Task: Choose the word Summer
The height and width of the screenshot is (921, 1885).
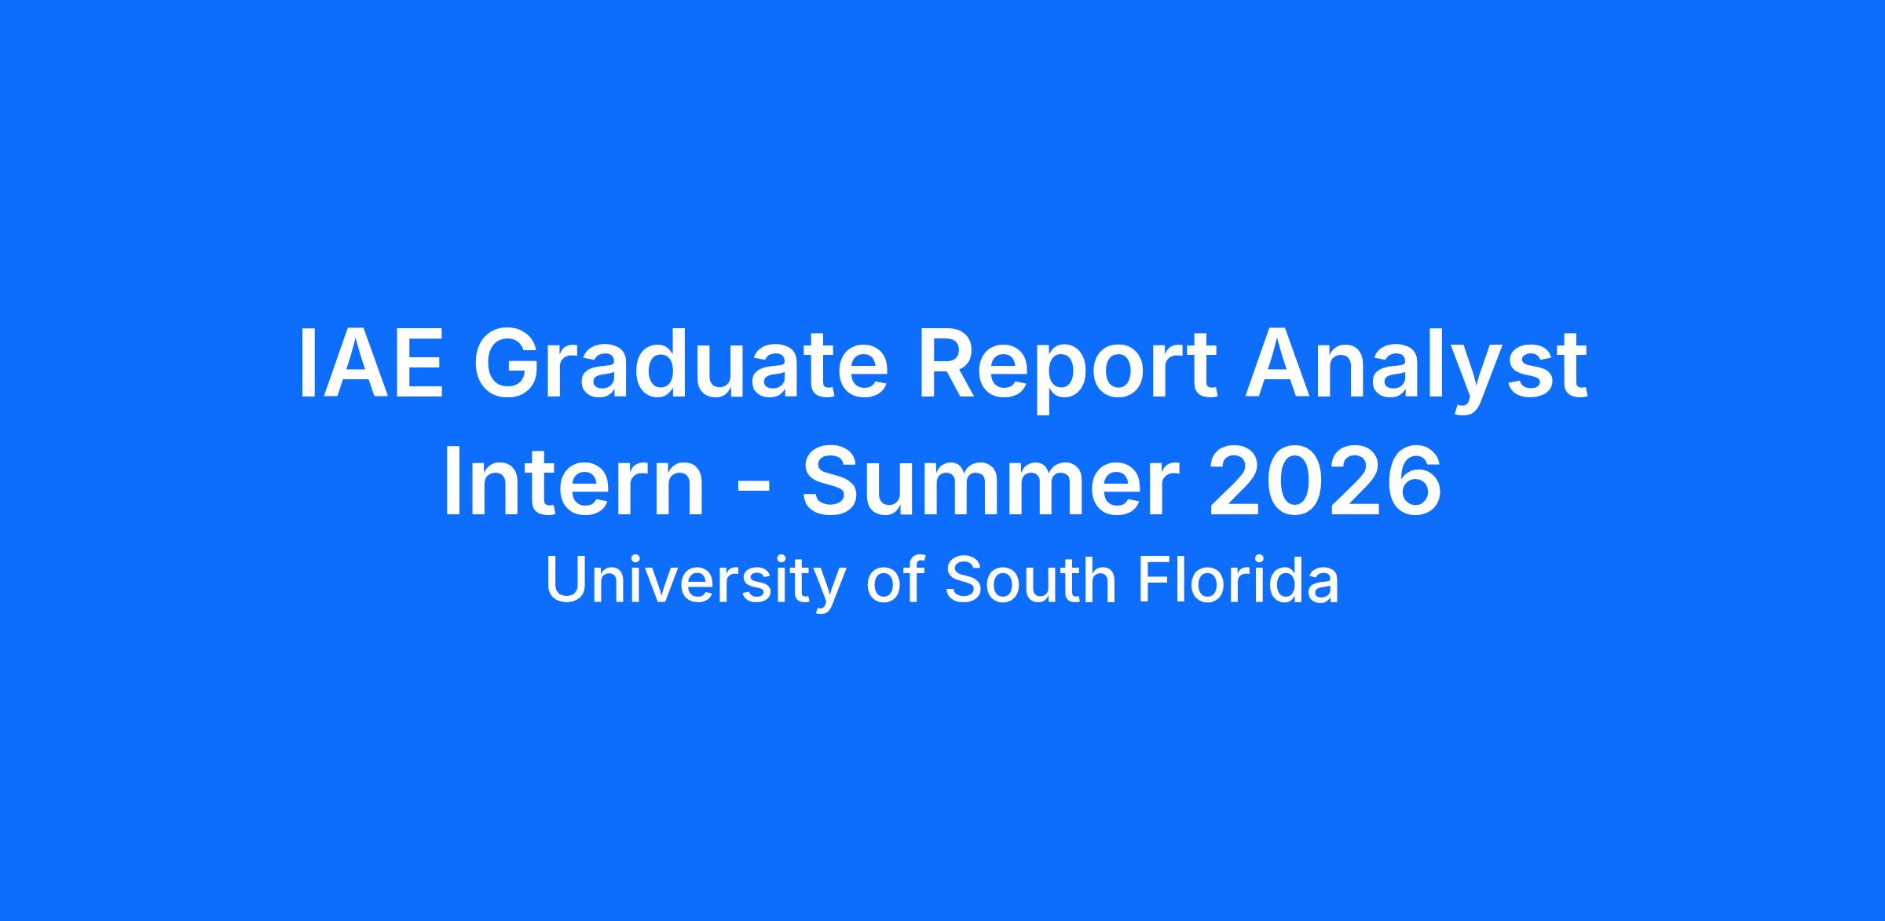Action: (x=991, y=481)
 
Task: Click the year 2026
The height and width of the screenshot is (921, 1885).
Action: (x=1325, y=481)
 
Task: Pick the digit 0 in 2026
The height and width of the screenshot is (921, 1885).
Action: (x=1296, y=481)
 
